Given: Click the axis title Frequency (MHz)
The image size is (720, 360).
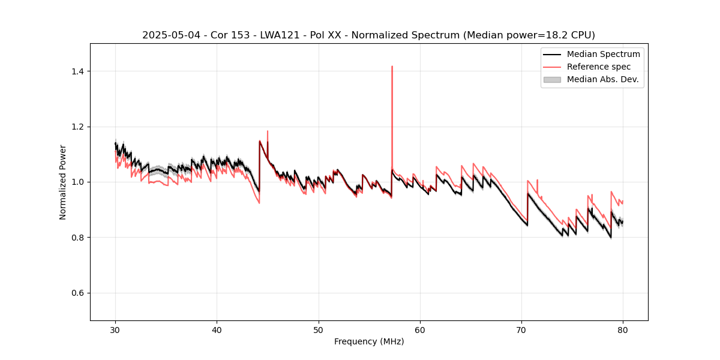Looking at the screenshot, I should coord(369,341).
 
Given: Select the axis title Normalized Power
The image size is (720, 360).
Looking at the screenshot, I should coord(63,182).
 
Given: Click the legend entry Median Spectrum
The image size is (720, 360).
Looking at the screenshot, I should coord(603,54).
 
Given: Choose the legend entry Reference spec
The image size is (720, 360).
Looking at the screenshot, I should coord(599,67).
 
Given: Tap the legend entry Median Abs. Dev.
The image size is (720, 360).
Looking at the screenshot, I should coord(602,79).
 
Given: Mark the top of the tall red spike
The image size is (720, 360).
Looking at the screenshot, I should coord(392,67).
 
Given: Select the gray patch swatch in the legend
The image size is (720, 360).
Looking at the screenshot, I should coord(552,79).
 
